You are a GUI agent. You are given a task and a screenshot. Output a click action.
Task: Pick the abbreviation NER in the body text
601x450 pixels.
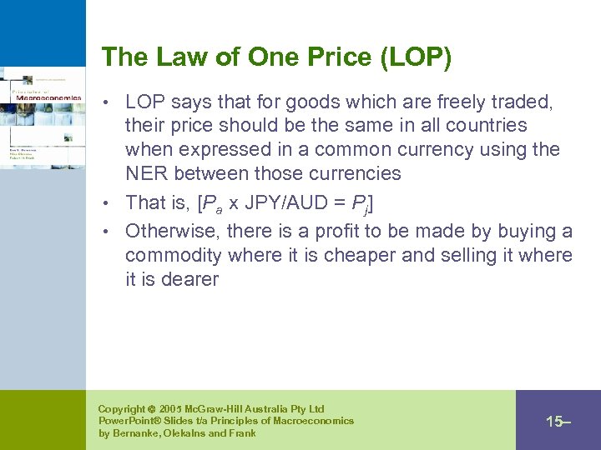pyautogui.click(x=146, y=174)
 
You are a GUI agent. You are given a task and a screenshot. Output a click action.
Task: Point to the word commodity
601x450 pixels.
pyautogui.click(x=173, y=255)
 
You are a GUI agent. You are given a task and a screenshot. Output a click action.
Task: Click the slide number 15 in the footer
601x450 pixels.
pyautogui.click(x=554, y=422)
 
